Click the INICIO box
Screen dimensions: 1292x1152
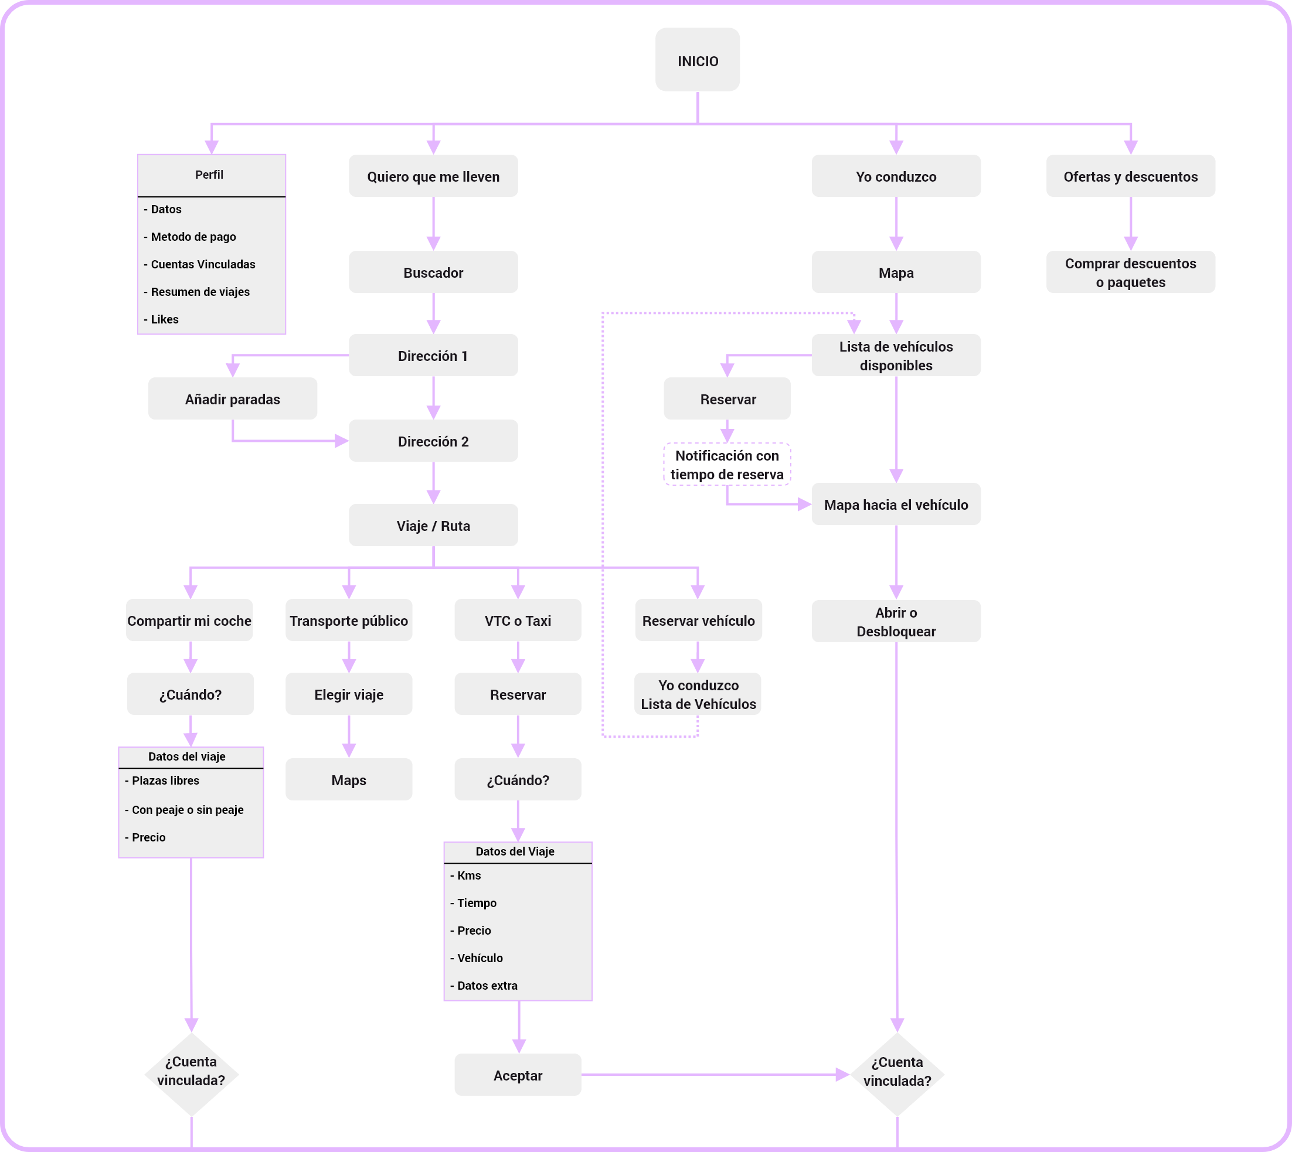[698, 60]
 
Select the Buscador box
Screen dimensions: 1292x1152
[433, 272]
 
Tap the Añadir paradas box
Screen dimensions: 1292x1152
[233, 399]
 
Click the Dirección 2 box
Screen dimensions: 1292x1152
[433, 441]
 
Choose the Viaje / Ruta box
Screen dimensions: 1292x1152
[433, 526]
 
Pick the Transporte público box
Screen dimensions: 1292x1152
[349, 621]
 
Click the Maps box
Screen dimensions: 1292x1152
[349, 780]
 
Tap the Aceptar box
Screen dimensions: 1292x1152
[518, 1075]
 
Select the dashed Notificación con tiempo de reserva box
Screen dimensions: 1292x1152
[727, 465]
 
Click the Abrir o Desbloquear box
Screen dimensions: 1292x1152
[896, 622]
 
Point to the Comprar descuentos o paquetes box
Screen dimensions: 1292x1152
[1130, 272]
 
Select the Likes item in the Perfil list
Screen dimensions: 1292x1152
[162, 320]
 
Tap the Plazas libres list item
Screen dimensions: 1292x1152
[162, 781]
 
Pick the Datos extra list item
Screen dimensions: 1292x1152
[484, 986]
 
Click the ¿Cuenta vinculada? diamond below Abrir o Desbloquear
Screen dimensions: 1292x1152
[897, 1074]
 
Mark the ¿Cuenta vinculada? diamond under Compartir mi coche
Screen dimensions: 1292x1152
[191, 1074]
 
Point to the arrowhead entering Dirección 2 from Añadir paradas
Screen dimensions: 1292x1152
[342, 441]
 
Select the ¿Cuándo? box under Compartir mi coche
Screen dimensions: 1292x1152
[191, 694]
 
